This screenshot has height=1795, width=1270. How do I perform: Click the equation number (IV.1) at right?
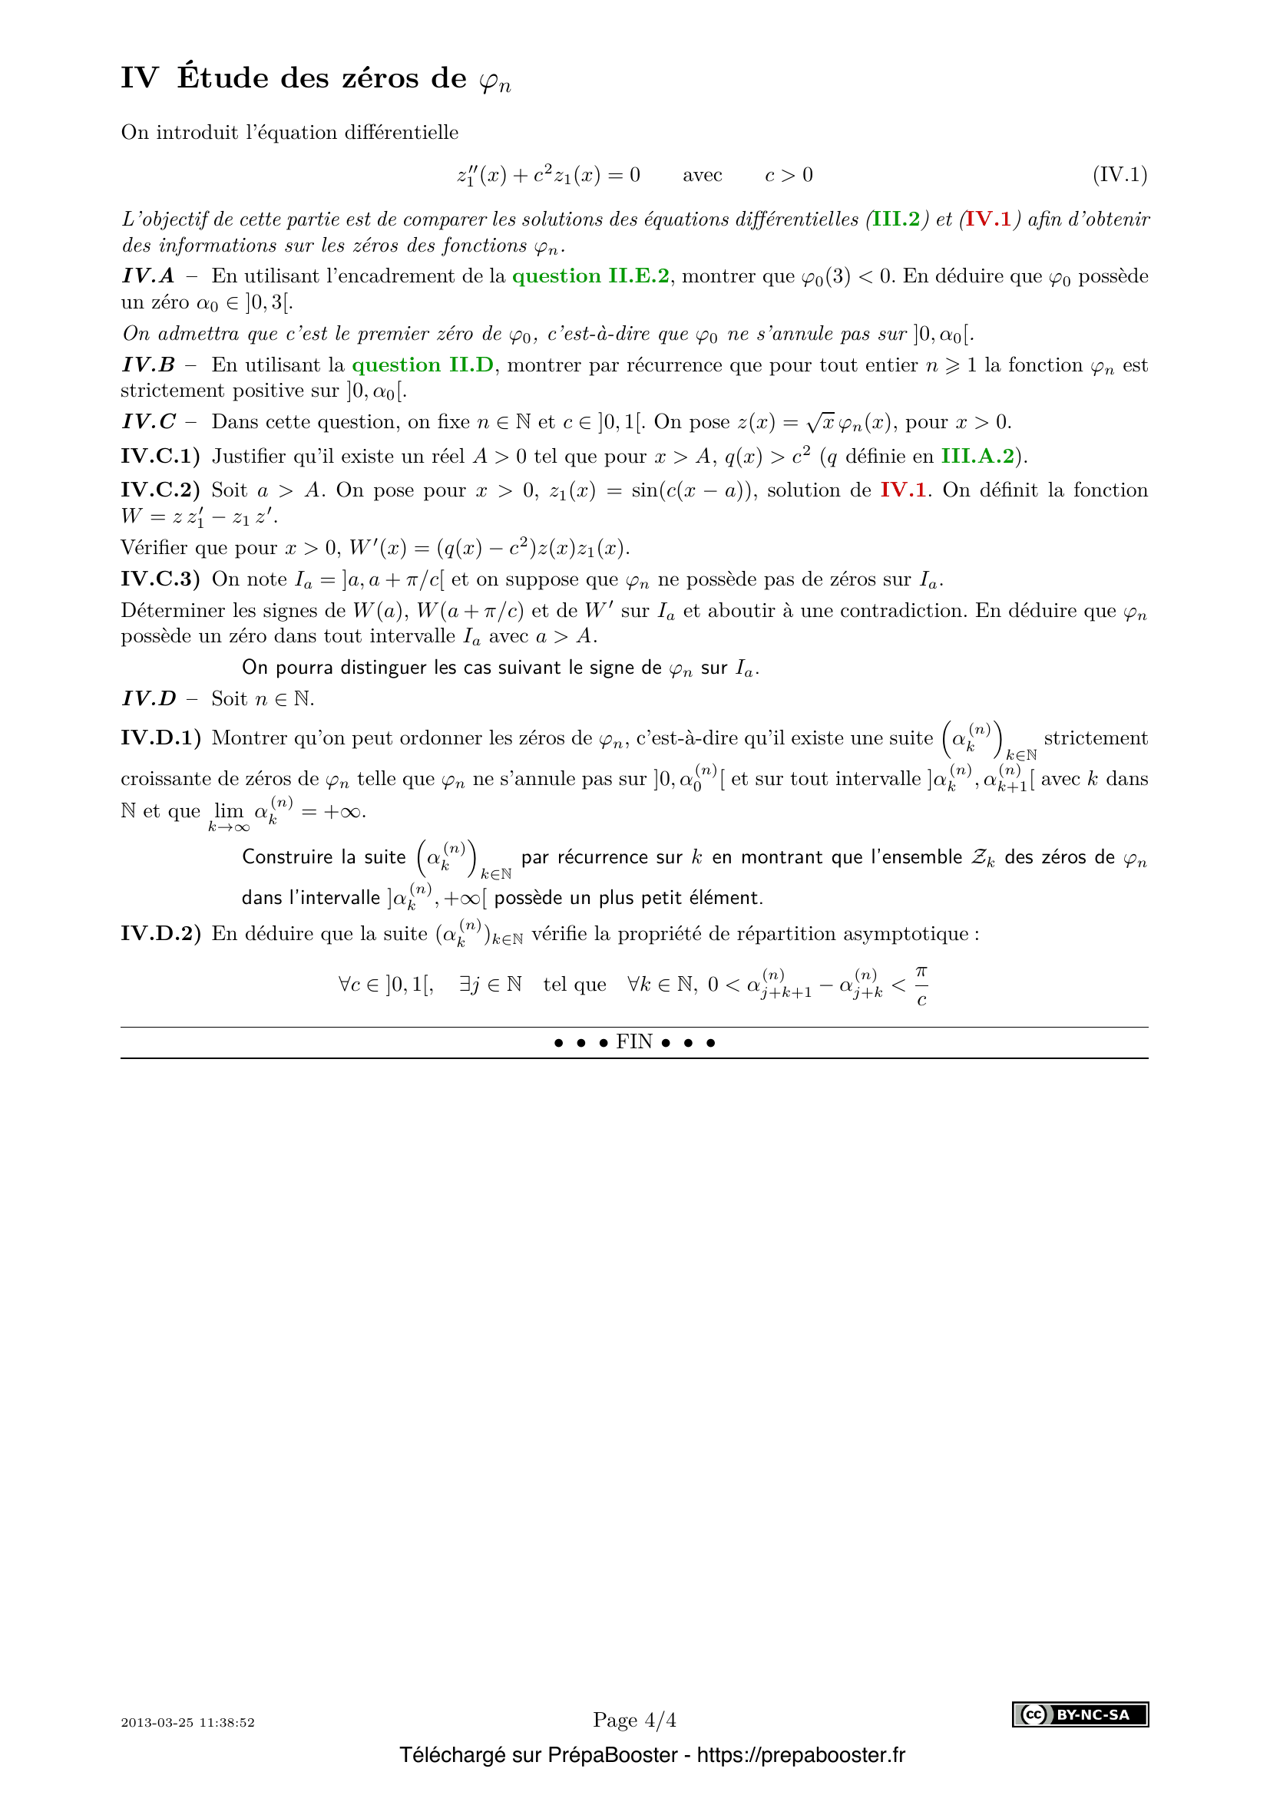pyautogui.click(x=1119, y=174)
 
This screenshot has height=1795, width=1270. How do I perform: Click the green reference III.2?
pyautogui.click(x=896, y=219)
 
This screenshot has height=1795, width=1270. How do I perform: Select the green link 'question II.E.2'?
pyautogui.click(x=590, y=276)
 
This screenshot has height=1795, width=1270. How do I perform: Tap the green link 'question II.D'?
pyautogui.click(x=422, y=365)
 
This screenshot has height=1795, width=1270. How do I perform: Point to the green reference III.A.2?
pyautogui.click(x=977, y=456)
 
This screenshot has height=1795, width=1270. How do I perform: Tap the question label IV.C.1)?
pyautogui.click(x=160, y=456)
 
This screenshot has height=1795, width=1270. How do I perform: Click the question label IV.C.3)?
pyautogui.click(x=160, y=579)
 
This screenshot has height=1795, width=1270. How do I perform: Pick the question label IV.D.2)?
pyautogui.click(x=160, y=933)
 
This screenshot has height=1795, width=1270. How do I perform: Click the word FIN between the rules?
pyautogui.click(x=634, y=1042)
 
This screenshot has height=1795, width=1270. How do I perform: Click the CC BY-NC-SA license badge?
pyautogui.click(x=1080, y=1714)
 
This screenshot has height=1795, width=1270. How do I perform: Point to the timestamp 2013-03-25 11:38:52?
pyautogui.click(x=187, y=1722)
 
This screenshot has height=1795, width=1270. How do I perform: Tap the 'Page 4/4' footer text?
pyautogui.click(x=634, y=1720)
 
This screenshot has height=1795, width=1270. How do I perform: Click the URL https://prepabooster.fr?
pyautogui.click(x=801, y=1755)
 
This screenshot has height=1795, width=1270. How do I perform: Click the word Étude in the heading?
pyautogui.click(x=223, y=78)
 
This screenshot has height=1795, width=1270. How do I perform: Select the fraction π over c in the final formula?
pyautogui.click(x=921, y=985)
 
